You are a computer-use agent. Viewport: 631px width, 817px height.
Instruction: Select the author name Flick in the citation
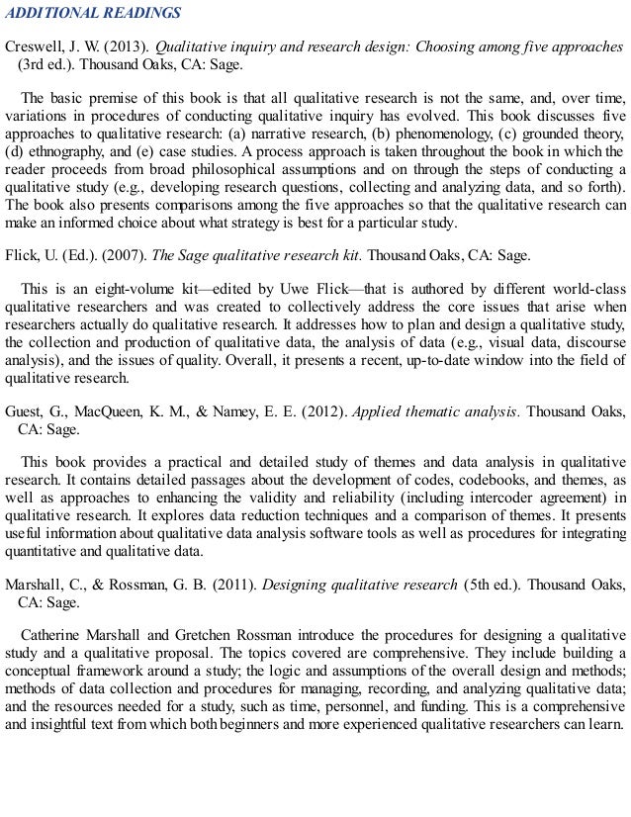click(23, 255)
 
